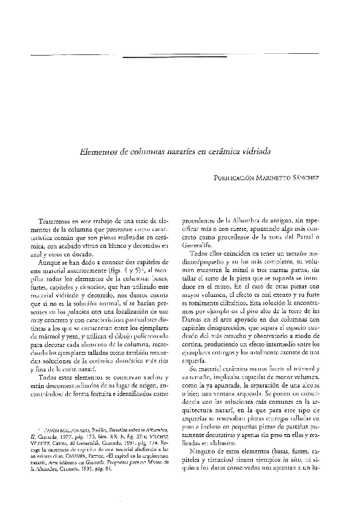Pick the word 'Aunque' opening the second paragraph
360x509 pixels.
(x=50, y=264)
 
